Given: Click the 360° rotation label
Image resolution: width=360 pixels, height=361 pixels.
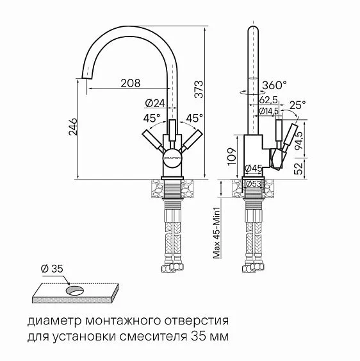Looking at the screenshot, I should click(274, 85).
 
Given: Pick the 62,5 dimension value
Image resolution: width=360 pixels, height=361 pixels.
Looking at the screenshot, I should click(268, 100).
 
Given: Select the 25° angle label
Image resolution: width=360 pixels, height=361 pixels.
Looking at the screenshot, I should click(297, 105).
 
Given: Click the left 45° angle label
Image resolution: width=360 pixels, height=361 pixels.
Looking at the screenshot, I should click(151, 119).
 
